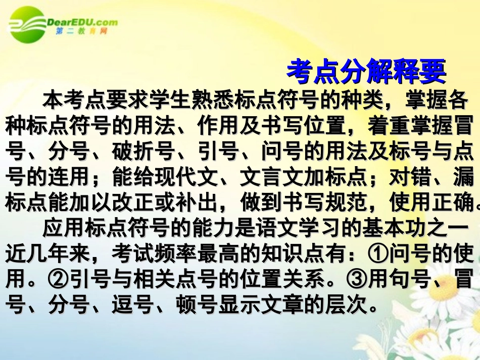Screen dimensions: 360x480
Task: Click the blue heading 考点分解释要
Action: [366, 72]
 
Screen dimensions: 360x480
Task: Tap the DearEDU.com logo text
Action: [81, 22]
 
